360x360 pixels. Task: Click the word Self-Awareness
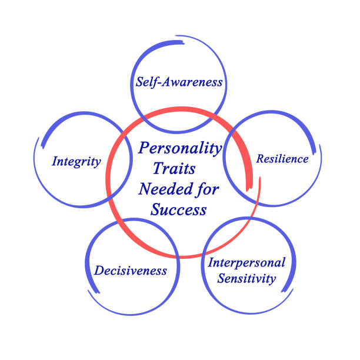(x=179, y=82)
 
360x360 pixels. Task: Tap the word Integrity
(x=76, y=162)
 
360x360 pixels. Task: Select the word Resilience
(x=282, y=159)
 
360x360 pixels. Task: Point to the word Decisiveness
(x=131, y=271)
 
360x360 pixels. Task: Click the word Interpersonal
(x=246, y=262)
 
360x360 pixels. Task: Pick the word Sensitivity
(x=246, y=278)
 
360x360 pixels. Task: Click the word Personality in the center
(x=180, y=149)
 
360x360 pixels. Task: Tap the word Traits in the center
(x=174, y=168)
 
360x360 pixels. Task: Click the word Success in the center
(x=179, y=209)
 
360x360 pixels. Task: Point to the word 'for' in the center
(x=207, y=189)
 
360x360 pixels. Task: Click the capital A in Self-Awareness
(x=166, y=82)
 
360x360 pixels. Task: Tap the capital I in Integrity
(x=55, y=161)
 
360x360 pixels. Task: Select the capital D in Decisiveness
(x=99, y=271)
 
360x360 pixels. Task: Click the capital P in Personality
(x=145, y=148)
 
